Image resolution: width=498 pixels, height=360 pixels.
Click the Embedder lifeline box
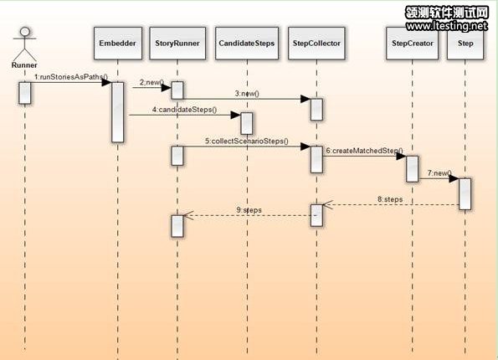click(x=118, y=44)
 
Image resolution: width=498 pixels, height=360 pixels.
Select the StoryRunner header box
click(x=177, y=44)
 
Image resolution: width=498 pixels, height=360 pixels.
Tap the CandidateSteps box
click(x=247, y=44)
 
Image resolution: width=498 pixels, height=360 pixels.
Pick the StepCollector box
click(x=316, y=44)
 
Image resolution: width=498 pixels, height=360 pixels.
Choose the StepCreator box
click(x=413, y=44)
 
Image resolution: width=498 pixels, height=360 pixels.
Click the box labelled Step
click(x=465, y=44)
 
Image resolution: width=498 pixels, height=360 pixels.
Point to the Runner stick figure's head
click(x=25, y=32)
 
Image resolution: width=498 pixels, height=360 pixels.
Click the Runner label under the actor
click(x=24, y=65)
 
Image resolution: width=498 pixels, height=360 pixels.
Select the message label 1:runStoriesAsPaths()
click(x=71, y=77)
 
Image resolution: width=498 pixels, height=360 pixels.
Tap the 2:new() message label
click(x=151, y=82)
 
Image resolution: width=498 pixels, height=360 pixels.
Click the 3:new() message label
click(x=247, y=94)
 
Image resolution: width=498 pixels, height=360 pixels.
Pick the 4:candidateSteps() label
click(x=184, y=110)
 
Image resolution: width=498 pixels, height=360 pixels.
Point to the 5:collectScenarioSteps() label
click(x=247, y=141)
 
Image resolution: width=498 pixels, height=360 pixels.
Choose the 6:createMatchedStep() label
click(x=365, y=151)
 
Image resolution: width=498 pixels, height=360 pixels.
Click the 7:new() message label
click(x=439, y=173)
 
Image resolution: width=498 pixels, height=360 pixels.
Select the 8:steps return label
click(x=390, y=199)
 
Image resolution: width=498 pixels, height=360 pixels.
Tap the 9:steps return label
click(x=249, y=210)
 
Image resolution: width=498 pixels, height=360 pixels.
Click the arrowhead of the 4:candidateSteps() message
click(x=236, y=115)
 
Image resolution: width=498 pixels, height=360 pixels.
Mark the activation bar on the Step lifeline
click(x=465, y=194)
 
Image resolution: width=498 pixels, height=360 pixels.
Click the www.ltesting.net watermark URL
click(x=447, y=26)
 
